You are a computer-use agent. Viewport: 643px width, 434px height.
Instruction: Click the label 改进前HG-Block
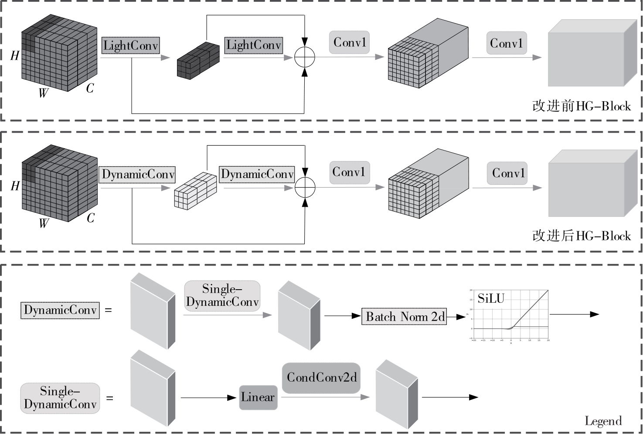point(581,106)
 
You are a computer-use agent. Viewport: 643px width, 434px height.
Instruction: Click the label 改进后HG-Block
point(581,236)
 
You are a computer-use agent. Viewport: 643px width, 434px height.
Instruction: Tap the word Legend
point(603,421)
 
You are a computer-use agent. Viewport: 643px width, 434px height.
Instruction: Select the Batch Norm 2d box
point(404,317)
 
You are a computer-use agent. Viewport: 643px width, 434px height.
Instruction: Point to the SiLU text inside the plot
point(491,299)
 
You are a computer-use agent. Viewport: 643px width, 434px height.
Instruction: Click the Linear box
point(258,397)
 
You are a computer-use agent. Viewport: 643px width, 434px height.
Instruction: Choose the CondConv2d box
point(322,378)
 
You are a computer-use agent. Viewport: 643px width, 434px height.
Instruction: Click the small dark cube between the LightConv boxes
point(198,61)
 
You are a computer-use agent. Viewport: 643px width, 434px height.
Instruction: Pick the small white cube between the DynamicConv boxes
point(195,190)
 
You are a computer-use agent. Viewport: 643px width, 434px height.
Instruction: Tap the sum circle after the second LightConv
point(304,57)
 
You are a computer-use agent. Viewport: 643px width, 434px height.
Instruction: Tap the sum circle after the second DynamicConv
point(305,188)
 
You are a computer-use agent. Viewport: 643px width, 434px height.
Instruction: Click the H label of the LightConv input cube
point(15,55)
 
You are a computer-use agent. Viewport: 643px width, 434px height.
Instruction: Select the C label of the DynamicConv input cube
point(90,218)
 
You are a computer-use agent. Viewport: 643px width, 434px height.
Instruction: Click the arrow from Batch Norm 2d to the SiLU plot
point(457,317)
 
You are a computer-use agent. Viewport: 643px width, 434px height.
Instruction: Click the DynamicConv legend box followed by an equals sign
point(60,310)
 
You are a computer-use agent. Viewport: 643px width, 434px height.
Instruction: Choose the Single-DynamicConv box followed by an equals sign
point(60,398)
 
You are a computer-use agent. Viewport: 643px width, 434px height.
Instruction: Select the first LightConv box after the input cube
point(130,45)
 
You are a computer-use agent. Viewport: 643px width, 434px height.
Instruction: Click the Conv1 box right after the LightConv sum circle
point(349,43)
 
